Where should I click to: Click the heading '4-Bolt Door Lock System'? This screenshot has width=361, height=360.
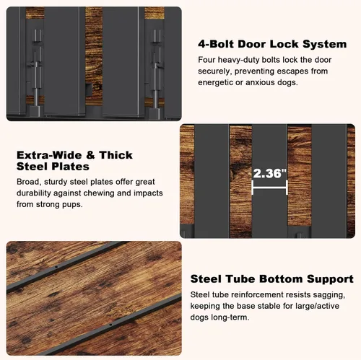point(272,44)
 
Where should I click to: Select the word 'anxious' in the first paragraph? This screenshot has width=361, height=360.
point(260,82)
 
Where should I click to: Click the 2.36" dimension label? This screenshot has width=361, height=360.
point(270,173)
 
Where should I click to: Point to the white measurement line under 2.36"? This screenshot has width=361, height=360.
point(269,188)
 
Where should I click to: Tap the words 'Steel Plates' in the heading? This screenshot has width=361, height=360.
point(53,167)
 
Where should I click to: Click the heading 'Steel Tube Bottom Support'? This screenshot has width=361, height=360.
point(272,279)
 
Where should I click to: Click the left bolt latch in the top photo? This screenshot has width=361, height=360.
point(36,70)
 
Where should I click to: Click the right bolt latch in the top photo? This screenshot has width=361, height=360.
point(157,70)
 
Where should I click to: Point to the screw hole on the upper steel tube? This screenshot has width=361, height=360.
point(56,267)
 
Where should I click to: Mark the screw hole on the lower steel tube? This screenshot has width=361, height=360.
point(110,325)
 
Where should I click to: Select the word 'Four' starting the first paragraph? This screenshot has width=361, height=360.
point(206,60)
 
